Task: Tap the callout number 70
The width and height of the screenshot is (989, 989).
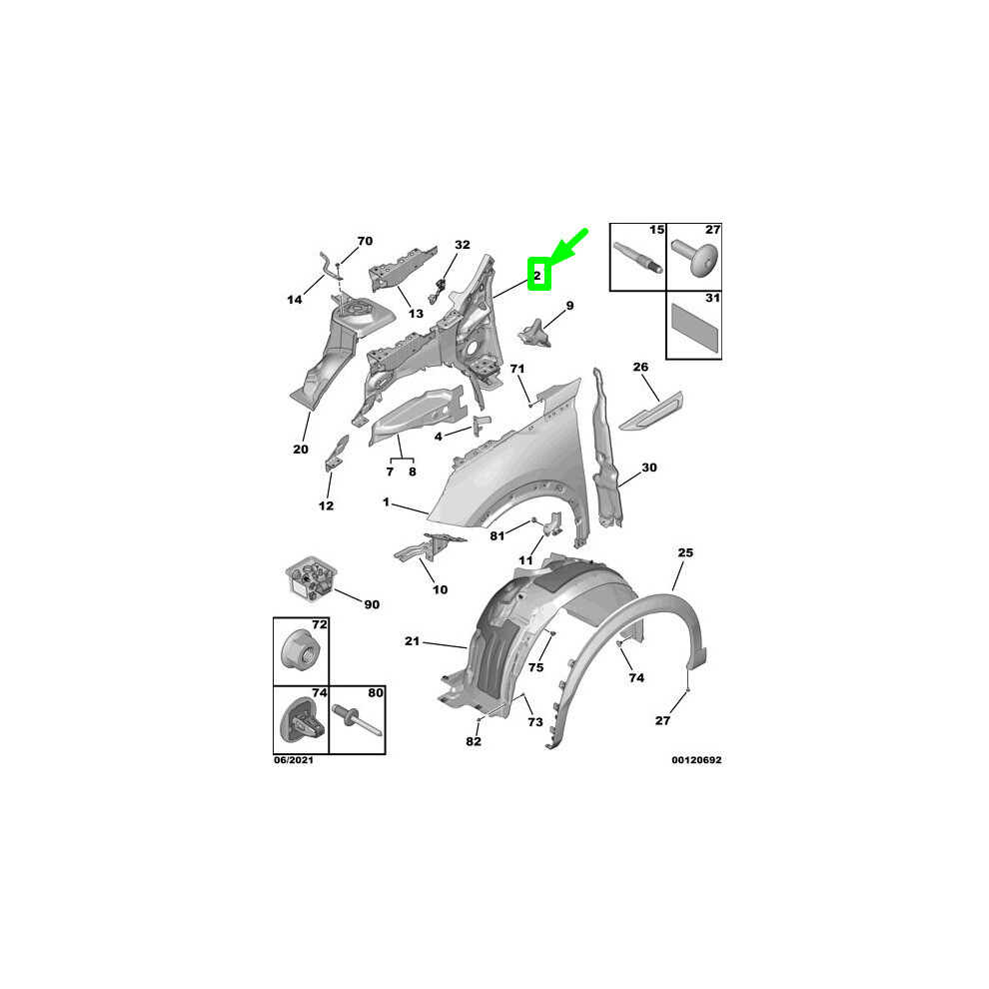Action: pyautogui.click(x=365, y=241)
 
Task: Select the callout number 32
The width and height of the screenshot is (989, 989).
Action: pyautogui.click(x=462, y=244)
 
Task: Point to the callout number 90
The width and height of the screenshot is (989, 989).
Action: pyautogui.click(x=371, y=604)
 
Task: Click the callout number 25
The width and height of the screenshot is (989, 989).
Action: pyautogui.click(x=685, y=551)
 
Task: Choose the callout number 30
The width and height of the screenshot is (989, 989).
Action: pyautogui.click(x=649, y=467)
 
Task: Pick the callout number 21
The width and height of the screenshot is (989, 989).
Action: pyautogui.click(x=413, y=640)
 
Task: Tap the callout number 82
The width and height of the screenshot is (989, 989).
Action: pyautogui.click(x=474, y=741)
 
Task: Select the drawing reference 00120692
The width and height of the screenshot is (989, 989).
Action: pyautogui.click(x=696, y=760)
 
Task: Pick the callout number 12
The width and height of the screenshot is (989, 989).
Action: pyautogui.click(x=326, y=505)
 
